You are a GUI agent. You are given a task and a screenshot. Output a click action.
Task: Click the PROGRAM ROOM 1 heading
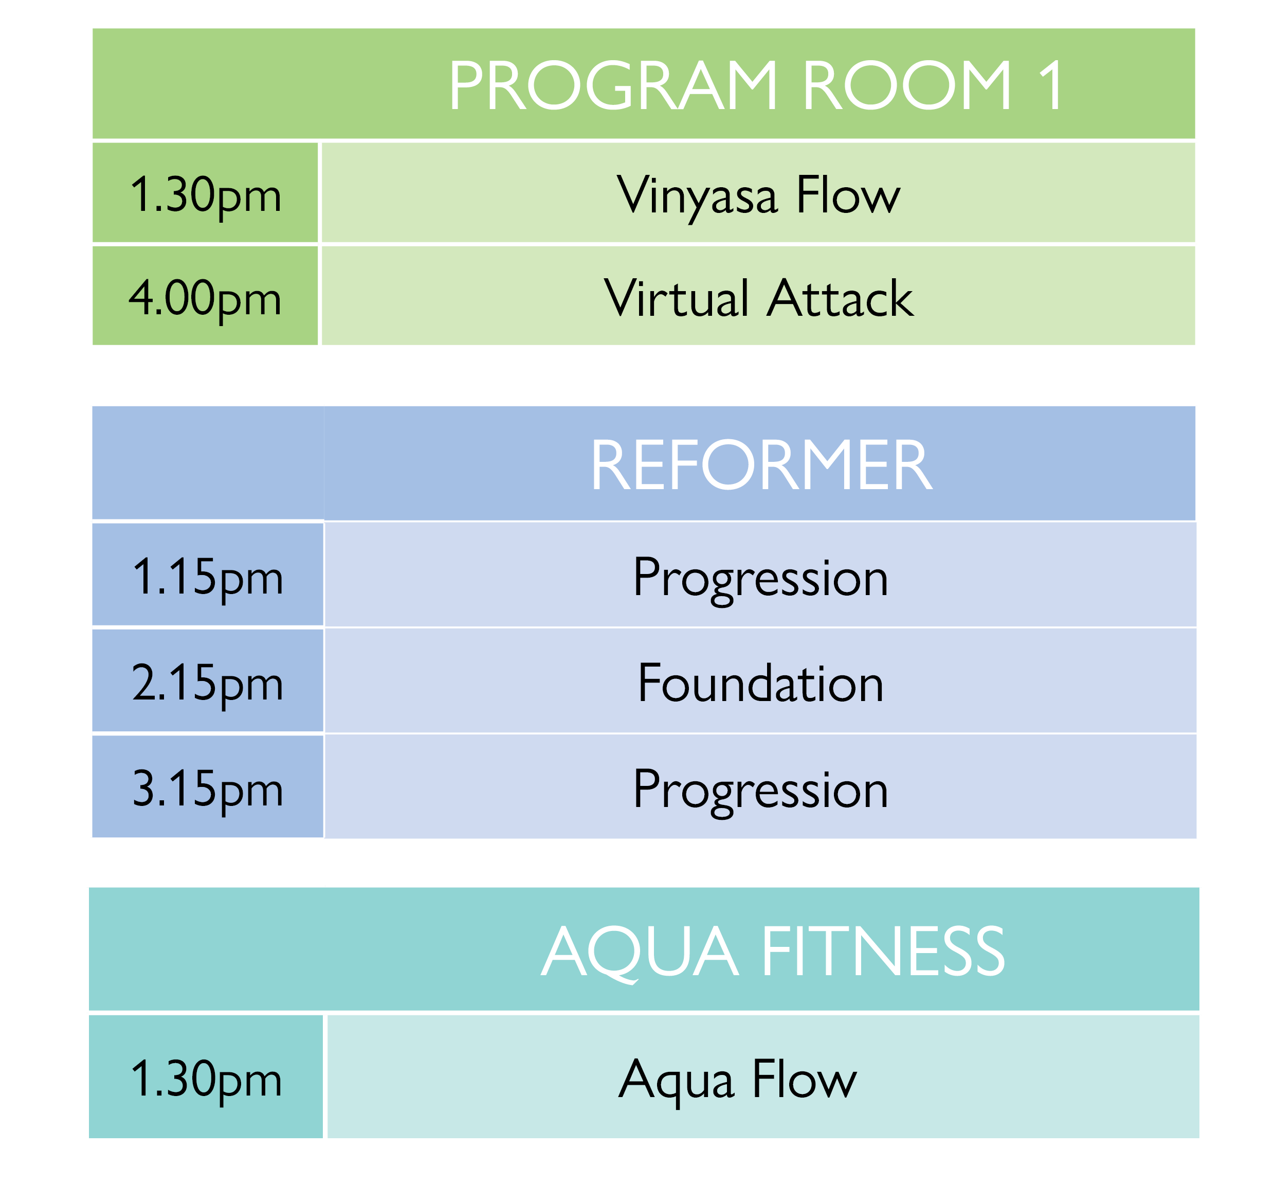pos(756,85)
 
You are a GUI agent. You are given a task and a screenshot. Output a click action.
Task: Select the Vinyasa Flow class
pos(758,196)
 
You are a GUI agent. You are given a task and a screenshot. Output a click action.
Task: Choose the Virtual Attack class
pos(759,298)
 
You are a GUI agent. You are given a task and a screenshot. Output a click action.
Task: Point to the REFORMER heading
pos(761,466)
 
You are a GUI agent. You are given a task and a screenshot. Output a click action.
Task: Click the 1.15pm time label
pos(208,579)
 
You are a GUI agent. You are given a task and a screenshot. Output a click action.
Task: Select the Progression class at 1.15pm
pos(761,579)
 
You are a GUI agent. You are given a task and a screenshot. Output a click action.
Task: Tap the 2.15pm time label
pos(208,684)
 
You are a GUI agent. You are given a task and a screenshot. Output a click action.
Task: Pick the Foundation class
pos(761,684)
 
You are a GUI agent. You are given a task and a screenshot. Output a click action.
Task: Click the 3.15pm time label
pos(208,791)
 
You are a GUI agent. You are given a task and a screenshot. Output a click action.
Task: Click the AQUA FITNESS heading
pos(773,952)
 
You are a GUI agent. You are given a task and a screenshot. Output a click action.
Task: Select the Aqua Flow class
pos(738,1083)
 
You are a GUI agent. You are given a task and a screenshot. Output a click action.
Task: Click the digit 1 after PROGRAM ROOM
pos(1051,85)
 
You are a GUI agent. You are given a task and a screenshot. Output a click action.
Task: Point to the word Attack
pos(841,298)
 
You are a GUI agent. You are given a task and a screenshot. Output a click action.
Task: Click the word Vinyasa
pos(697,196)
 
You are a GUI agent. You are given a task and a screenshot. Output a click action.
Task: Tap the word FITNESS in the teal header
pos(883,952)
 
